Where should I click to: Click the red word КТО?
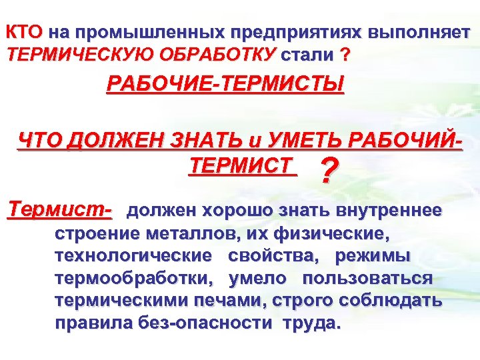tap(24, 32)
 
